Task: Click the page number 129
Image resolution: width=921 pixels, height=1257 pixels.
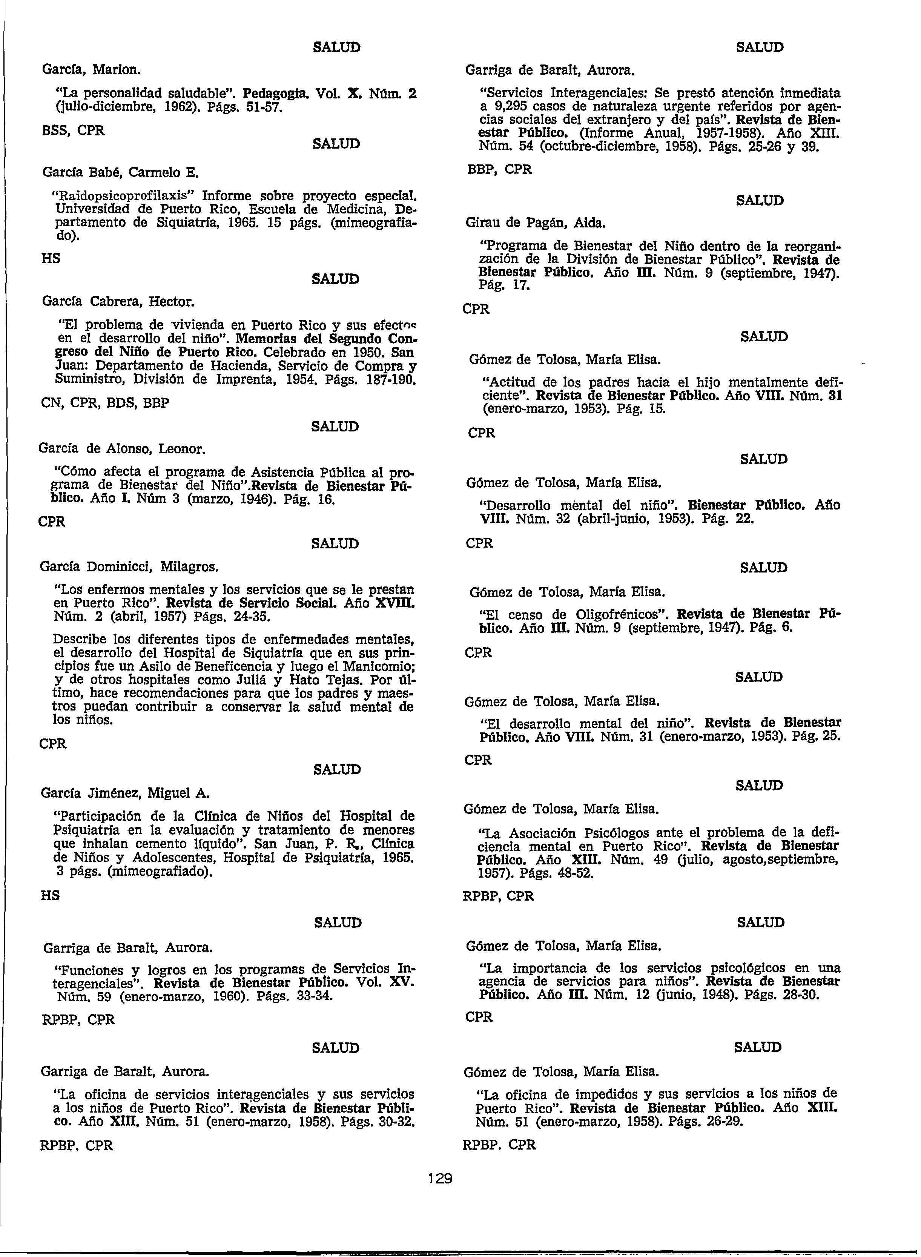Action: (440, 1179)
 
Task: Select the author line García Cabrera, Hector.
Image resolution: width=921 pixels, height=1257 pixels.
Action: (118, 302)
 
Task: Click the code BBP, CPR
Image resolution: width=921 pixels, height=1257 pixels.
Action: (499, 169)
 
